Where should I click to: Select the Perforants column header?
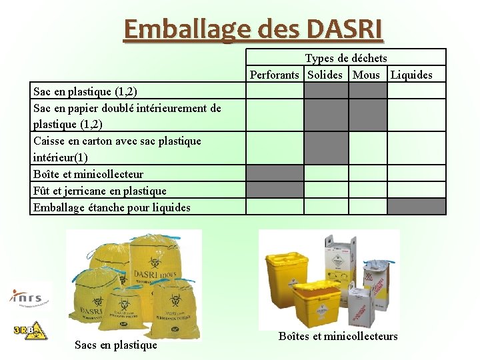click(275, 75)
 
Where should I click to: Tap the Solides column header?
click(325, 75)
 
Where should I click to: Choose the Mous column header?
click(366, 75)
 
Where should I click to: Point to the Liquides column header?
click(411, 75)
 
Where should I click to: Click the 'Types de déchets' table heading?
click(346, 59)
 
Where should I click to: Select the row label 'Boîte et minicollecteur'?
click(88, 174)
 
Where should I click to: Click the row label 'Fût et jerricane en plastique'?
click(100, 191)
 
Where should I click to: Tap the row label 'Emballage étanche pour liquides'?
click(112, 207)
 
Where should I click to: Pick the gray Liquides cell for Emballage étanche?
click(416, 206)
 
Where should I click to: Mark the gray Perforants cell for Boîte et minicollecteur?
click(275, 173)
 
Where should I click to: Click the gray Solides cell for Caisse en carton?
click(326, 148)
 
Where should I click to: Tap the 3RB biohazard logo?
click(30, 330)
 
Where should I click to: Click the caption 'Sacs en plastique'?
click(116, 345)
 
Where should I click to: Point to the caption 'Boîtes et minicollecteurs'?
click(338, 336)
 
